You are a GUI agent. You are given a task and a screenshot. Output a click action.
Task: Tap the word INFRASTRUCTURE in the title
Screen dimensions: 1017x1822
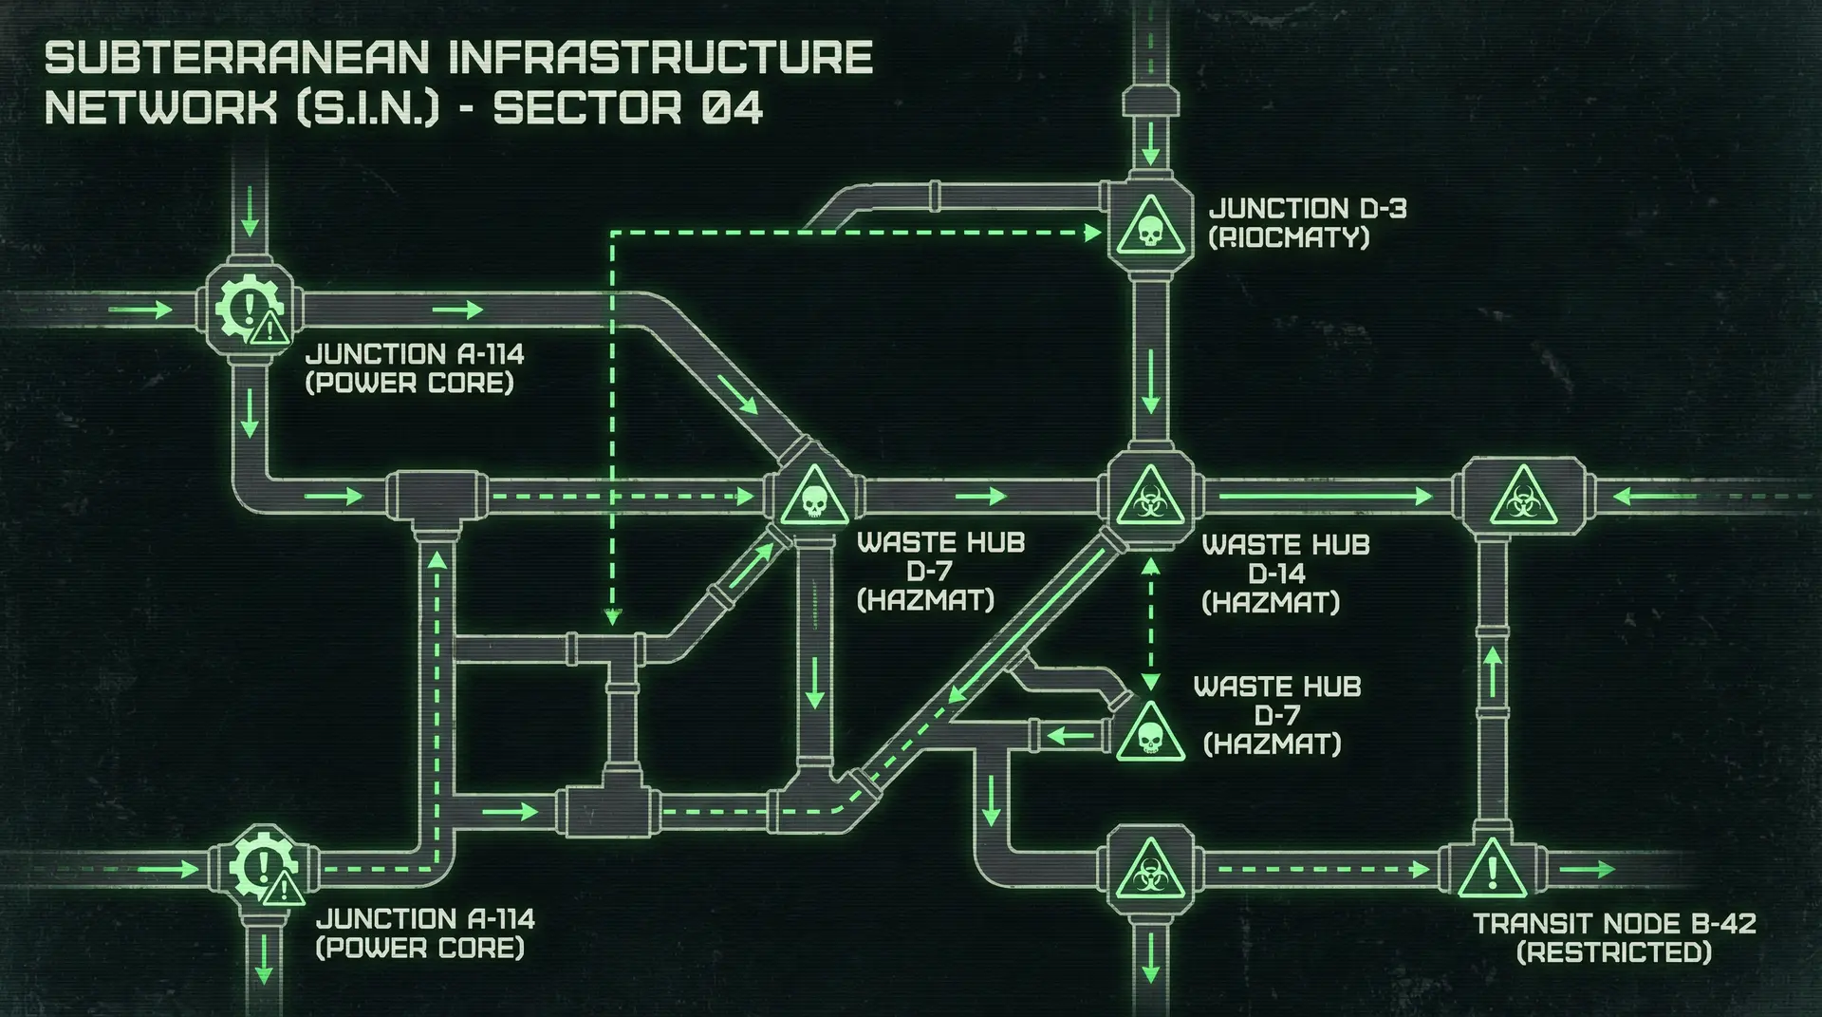(660, 58)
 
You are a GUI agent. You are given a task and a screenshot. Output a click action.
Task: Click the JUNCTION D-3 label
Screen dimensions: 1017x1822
(1307, 209)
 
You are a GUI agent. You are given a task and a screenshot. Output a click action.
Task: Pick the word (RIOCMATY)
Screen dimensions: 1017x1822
(1289, 237)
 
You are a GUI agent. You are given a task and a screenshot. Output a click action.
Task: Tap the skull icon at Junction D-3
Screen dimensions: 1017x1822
(1149, 228)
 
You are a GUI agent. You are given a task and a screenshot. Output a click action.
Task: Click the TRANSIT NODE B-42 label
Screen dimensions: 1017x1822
(1614, 923)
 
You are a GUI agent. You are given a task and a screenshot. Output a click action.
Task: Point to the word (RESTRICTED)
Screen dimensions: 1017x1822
(1614, 952)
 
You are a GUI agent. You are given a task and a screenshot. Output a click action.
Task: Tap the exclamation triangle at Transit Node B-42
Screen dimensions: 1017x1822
(1492, 870)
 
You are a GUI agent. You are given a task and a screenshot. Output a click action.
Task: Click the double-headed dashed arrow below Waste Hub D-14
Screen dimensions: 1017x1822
(1150, 623)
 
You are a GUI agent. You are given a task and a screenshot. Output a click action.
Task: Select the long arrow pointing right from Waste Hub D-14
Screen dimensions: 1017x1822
(1324, 496)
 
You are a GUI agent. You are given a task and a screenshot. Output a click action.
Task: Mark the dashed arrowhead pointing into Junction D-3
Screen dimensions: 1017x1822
(1092, 231)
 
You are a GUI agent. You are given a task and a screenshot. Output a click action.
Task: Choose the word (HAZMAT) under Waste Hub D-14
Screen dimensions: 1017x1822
(1271, 603)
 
